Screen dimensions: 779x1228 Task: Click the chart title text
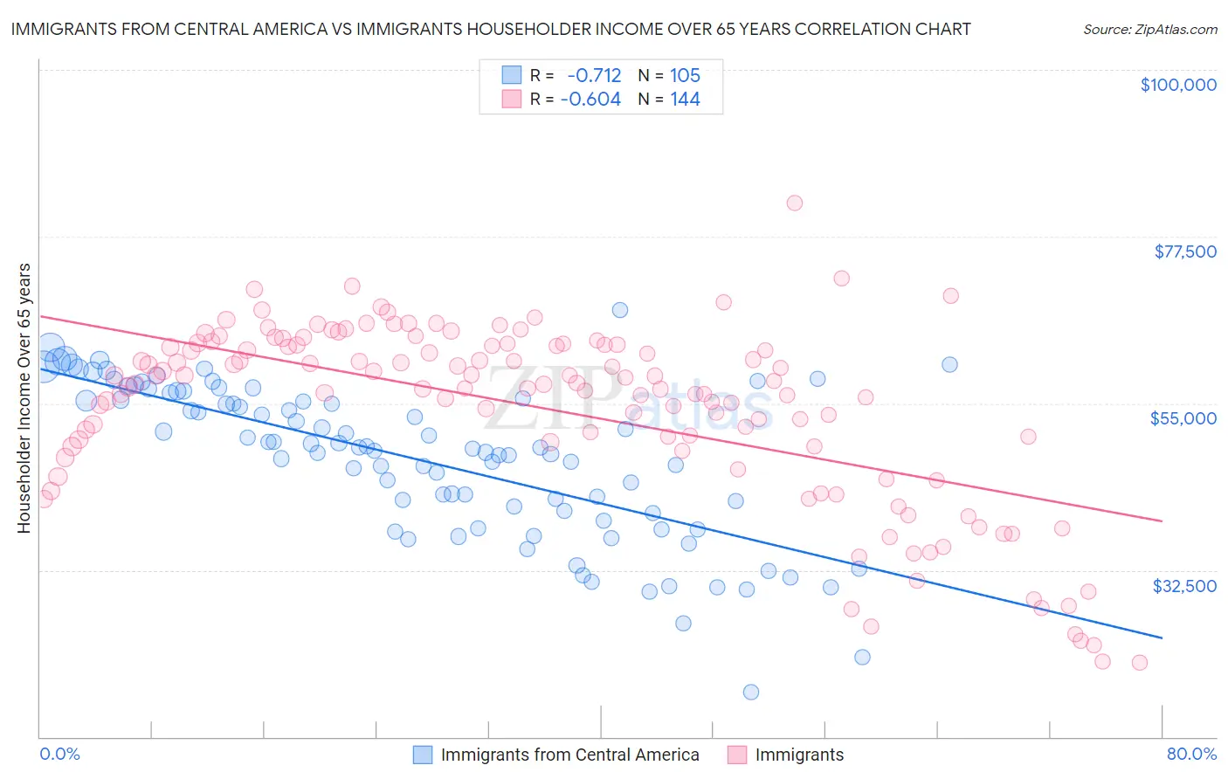[491, 29]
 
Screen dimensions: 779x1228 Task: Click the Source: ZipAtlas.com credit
[1149, 29]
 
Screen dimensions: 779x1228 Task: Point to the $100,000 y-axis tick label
[1178, 85]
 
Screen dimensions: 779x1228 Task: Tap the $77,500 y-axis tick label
[1185, 252]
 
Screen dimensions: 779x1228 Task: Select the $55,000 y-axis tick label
[1183, 418]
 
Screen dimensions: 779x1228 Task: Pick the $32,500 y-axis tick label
[1184, 586]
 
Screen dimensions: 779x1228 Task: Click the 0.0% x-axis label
[60, 754]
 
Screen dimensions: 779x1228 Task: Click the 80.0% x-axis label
[1191, 754]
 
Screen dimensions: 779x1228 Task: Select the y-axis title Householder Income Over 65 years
[24, 398]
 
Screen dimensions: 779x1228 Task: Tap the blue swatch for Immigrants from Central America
[423, 755]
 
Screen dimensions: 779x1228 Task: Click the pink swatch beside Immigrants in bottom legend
[737, 755]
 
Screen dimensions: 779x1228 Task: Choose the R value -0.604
[590, 100]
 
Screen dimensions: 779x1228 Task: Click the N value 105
[685, 76]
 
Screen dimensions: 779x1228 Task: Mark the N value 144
[685, 100]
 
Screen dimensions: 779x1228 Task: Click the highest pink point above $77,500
[794, 203]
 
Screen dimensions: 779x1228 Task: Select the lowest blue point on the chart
[750, 692]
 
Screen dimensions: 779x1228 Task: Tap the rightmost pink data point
[1139, 662]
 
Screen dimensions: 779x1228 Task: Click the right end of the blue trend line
[1162, 638]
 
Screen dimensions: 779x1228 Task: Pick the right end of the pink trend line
[1162, 520]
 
